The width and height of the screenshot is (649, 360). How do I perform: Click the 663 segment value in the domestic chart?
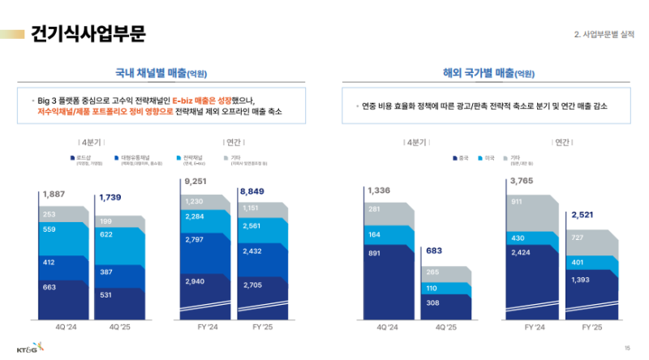point(50,287)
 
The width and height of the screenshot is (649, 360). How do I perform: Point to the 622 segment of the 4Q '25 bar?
point(106,234)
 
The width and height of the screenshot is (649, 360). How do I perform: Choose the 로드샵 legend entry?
point(82,157)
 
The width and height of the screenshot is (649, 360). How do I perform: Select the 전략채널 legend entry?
point(191,157)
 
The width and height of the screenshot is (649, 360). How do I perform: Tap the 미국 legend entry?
point(488,157)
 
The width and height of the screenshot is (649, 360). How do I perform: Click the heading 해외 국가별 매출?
point(488,73)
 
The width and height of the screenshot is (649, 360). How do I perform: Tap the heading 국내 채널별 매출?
point(162,73)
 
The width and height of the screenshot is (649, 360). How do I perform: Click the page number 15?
point(626,347)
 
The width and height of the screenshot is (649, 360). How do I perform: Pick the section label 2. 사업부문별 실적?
point(604,34)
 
